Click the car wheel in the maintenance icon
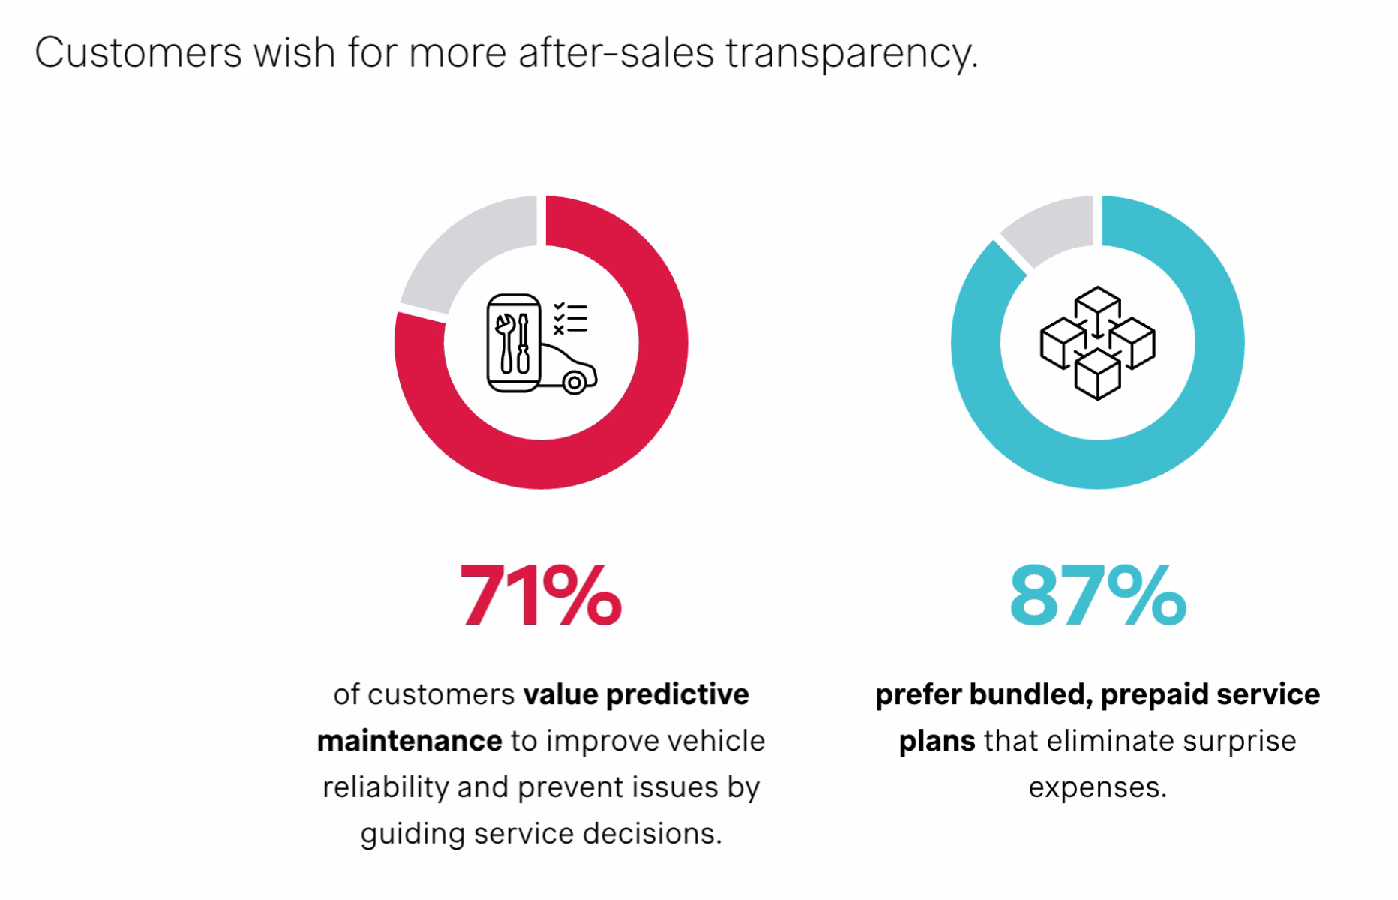click(x=574, y=383)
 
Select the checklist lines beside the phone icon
click(x=571, y=318)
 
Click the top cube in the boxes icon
click(x=1097, y=304)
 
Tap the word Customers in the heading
click(x=139, y=52)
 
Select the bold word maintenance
click(x=409, y=741)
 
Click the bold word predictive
click(x=677, y=694)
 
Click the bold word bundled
click(x=1029, y=694)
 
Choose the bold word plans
click(x=937, y=741)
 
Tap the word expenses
click(x=1097, y=787)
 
